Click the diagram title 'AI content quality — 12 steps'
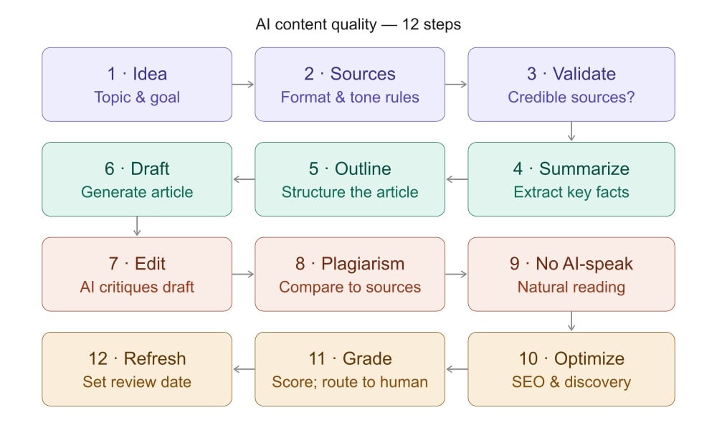point(358,24)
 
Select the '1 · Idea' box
point(137,84)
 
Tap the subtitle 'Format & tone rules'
point(350,97)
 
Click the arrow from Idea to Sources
point(244,84)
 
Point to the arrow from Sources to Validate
point(457,84)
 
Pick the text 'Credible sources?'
point(571,97)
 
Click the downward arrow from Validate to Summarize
point(571,131)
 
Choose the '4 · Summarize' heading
point(571,168)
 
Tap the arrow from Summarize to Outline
point(457,179)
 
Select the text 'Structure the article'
point(350,192)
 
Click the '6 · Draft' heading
point(137,168)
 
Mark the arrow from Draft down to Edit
point(137,227)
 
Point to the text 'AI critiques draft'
point(137,287)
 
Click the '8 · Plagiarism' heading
point(350,264)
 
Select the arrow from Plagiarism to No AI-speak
point(457,274)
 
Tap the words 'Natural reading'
point(571,287)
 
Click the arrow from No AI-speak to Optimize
point(571,321)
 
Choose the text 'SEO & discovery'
point(571,381)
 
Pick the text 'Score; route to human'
point(350,381)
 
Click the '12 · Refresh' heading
point(137,358)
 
